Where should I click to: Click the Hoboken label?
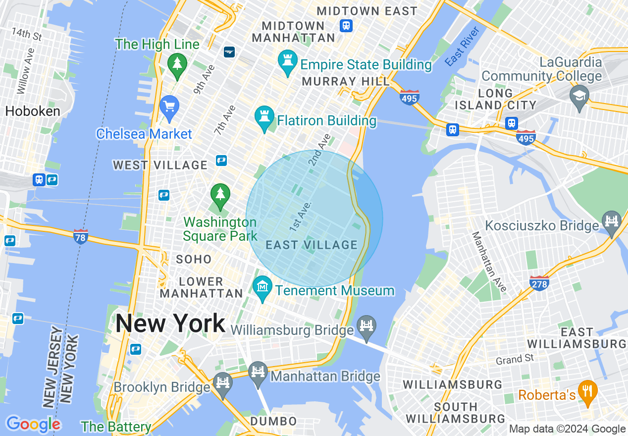point(32,111)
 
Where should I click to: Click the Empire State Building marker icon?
point(287,61)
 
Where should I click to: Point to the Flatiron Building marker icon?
point(264,117)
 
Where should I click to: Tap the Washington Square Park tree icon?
point(220,194)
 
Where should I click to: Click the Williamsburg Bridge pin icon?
point(366,327)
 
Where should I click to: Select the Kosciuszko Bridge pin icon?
point(612,221)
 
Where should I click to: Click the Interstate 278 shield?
point(539,282)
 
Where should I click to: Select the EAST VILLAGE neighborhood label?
point(312,245)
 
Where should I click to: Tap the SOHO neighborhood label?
point(194,259)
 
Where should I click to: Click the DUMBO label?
point(273,422)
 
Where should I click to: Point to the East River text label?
point(462,47)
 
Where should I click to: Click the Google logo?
point(33,424)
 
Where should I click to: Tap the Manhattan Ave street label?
point(489,262)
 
